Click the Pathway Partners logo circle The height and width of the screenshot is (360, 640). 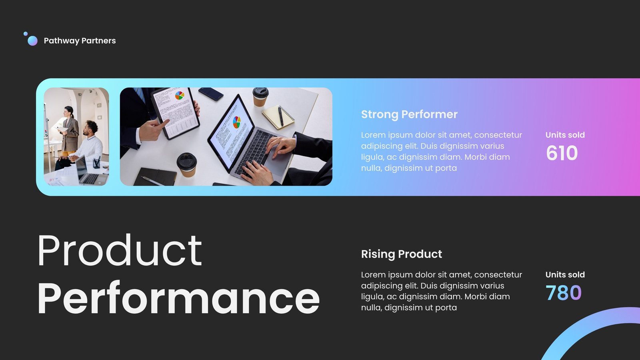coord(32,40)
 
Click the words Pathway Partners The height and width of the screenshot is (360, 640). coord(80,41)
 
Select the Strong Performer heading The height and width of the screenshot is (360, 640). coord(409,114)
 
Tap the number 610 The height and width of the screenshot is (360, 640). coord(562,153)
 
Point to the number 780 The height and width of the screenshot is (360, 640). coord(564,293)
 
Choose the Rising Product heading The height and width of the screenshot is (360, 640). coord(402,254)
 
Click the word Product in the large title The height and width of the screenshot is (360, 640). coord(120,250)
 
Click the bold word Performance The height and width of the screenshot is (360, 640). coord(178,298)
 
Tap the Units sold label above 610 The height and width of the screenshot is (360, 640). coord(565,135)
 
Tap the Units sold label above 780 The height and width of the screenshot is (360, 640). coord(565,274)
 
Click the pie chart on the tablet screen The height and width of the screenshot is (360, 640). coord(180,96)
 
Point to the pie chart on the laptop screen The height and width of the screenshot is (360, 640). coord(236,122)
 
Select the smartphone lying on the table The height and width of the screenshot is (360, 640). coord(211,94)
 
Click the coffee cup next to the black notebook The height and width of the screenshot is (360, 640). coord(187,165)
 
